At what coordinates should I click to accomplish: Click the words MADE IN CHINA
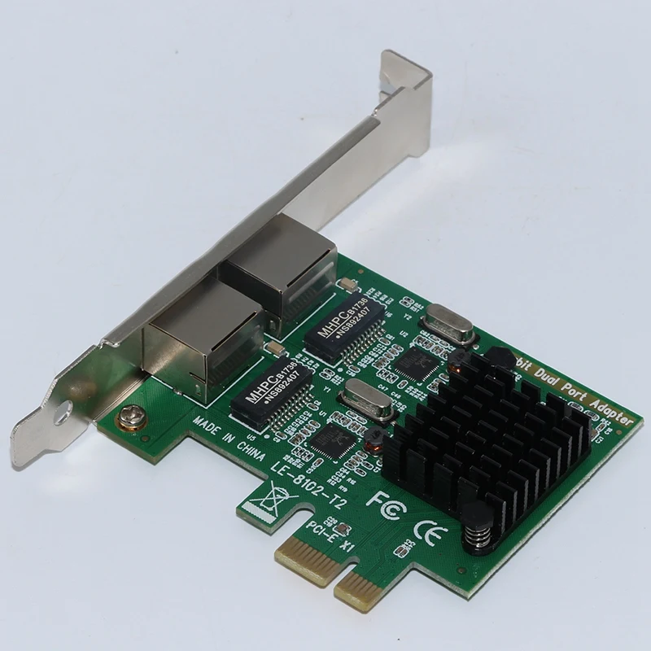pos(229,439)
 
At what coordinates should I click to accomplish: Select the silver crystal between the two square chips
pos(362,395)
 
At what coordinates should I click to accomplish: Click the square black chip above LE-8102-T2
pos(334,439)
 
